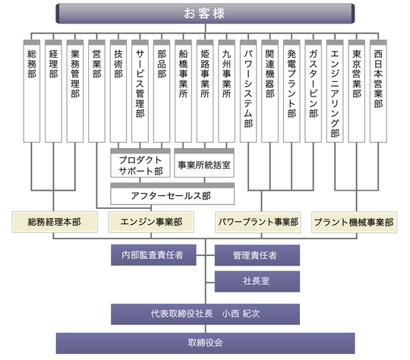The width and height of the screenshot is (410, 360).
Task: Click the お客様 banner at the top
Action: coord(205,14)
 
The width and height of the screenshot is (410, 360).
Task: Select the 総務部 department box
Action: coord(32,91)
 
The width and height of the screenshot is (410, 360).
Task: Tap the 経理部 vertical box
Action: coord(53,91)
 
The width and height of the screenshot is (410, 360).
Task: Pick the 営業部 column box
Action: coord(96,91)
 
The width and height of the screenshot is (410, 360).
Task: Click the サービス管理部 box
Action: coord(140,91)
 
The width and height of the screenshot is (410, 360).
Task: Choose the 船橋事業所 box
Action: coord(183,91)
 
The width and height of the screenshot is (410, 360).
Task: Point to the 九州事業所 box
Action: coord(226,91)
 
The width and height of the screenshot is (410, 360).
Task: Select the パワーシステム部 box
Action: coord(248,91)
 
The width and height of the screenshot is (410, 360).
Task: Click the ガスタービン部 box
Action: coord(314,91)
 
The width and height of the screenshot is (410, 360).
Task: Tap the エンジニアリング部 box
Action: coord(335,91)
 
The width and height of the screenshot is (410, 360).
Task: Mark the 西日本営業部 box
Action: coord(378,91)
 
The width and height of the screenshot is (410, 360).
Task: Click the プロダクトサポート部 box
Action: coord(140,163)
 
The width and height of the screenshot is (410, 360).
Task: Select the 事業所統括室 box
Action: coord(204,163)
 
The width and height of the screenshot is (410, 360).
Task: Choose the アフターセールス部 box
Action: coord(172,194)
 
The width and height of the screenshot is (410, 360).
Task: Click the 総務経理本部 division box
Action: coord(55,222)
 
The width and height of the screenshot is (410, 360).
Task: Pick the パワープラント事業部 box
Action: coord(258,222)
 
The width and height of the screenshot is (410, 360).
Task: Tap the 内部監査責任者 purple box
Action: coord(153,255)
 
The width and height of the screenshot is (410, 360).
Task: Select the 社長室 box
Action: coord(257,282)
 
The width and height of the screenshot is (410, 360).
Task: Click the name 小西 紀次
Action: coord(241,314)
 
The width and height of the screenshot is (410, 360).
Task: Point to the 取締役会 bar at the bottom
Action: coord(205,343)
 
